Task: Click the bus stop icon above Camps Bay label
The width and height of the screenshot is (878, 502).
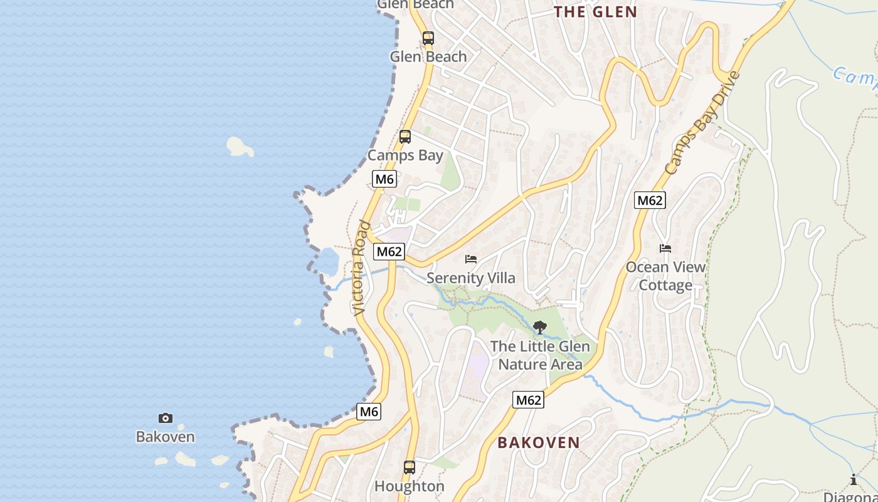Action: [x=405, y=136]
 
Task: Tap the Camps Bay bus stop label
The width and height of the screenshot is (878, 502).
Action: [x=405, y=155]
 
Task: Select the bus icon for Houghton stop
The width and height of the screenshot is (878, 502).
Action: [x=409, y=467]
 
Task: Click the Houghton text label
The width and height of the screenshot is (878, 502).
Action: [x=409, y=486]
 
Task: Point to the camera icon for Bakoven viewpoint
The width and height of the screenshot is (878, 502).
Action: [x=166, y=418]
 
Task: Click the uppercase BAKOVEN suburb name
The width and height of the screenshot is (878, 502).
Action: [x=539, y=442]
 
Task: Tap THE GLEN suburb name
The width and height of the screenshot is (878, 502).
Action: [x=595, y=12]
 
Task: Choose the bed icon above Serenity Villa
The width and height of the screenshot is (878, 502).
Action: [x=471, y=259]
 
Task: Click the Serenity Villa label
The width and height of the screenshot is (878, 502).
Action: [x=471, y=278]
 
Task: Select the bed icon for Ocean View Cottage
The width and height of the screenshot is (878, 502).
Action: [x=665, y=248]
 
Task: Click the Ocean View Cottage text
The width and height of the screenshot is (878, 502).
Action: [x=665, y=276]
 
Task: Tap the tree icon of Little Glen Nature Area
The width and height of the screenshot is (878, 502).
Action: [x=539, y=327]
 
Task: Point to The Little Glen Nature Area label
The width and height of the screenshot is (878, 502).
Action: [x=540, y=355]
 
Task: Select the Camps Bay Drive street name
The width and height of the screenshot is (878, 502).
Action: [x=702, y=124]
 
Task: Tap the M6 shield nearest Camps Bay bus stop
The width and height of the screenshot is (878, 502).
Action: [x=384, y=179]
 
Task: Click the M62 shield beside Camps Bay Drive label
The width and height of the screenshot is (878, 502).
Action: [x=649, y=200]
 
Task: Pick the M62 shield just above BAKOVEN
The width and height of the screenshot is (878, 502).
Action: [x=527, y=400]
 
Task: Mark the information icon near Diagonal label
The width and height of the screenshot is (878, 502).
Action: [x=854, y=480]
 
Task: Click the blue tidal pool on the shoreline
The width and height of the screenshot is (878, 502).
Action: [x=329, y=261]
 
